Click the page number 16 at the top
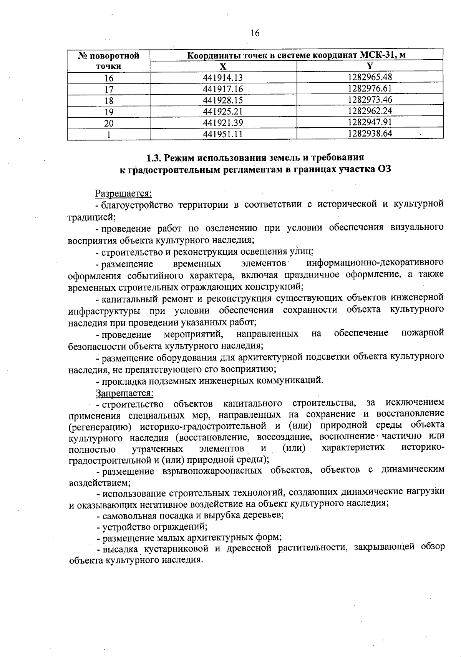(255, 33)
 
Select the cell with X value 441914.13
(223, 78)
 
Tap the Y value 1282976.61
(370, 88)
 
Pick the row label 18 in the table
(109, 101)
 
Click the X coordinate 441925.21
(223, 112)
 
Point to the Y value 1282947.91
(370, 122)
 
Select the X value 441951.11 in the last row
(223, 134)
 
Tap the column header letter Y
(370, 66)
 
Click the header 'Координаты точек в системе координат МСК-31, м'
(296, 55)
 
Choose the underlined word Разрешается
(124, 193)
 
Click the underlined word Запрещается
(124, 393)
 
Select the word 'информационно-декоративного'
(375, 263)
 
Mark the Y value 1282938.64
(370, 133)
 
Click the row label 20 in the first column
(109, 123)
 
